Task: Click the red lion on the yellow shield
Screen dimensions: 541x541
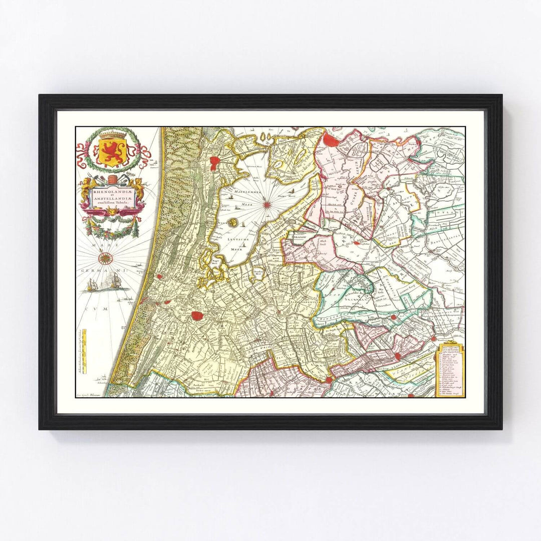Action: tap(111, 151)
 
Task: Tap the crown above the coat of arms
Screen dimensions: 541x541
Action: tap(111, 135)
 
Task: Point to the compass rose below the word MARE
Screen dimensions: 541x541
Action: tap(105, 258)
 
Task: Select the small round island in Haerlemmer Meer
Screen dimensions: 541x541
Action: tap(233, 221)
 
